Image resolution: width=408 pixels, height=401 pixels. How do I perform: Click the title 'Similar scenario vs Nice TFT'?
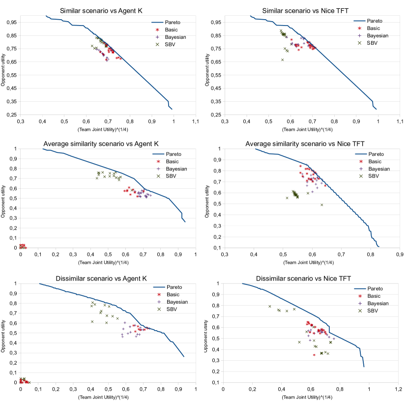coord(305,10)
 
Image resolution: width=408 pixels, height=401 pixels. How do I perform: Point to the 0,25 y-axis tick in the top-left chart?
coord(12,115)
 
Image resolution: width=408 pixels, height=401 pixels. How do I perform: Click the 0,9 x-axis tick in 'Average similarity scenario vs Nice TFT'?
coord(400,255)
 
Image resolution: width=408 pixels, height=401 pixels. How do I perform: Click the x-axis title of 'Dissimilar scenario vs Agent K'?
coord(108,396)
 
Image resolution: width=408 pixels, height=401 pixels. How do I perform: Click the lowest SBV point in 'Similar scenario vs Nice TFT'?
coord(283,60)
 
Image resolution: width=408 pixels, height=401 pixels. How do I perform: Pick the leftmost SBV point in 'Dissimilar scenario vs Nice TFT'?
coord(270,307)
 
